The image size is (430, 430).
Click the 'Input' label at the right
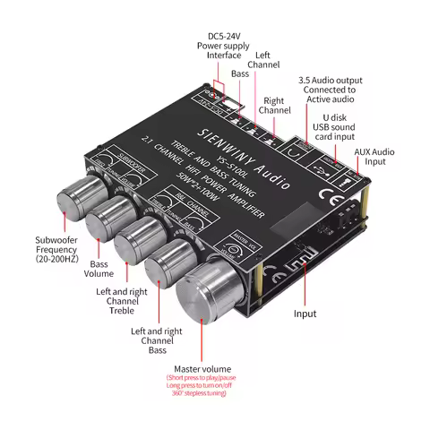305,314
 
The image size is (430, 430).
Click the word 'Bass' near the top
240,73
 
